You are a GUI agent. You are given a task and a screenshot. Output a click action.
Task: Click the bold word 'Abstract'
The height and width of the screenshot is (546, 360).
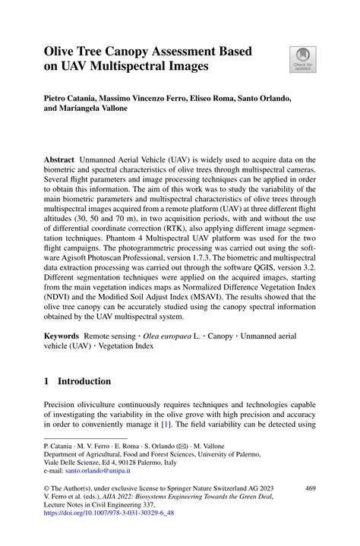(60, 159)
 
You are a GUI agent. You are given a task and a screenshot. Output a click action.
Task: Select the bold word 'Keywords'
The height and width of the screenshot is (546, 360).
(62, 336)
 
